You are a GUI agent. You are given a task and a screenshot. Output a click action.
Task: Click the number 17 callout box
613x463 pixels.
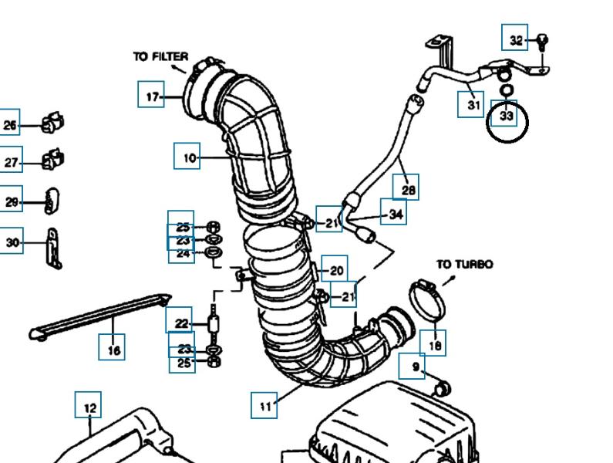pos(151,96)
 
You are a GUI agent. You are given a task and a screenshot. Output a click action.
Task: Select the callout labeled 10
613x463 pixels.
pos(188,157)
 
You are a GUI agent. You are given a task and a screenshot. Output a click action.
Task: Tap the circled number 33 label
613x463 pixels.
pos(507,117)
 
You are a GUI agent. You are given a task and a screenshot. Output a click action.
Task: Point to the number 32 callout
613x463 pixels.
pos(515,39)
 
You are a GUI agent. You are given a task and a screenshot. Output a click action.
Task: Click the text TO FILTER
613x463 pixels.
pos(160,56)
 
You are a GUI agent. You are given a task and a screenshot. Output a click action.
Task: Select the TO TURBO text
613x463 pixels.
pos(464,264)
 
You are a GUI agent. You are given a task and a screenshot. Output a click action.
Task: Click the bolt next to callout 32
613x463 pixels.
pos(542,40)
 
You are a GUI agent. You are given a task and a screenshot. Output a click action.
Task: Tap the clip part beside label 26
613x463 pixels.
pos(52,123)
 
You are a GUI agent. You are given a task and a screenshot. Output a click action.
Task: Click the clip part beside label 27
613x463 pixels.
pos(52,161)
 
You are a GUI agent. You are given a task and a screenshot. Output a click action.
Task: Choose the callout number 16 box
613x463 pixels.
pos(113,350)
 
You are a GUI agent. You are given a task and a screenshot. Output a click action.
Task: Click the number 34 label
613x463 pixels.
pos(396,214)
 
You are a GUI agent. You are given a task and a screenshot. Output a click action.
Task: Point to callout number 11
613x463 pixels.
pos(264,405)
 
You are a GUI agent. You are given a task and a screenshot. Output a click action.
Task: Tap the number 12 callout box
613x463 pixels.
pos(89,406)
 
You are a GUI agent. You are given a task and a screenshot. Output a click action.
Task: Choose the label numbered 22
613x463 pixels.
pos(180,323)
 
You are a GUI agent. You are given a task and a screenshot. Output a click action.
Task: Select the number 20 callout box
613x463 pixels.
pos(335,270)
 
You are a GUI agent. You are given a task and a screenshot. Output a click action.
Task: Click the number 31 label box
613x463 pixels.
pos(473,103)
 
